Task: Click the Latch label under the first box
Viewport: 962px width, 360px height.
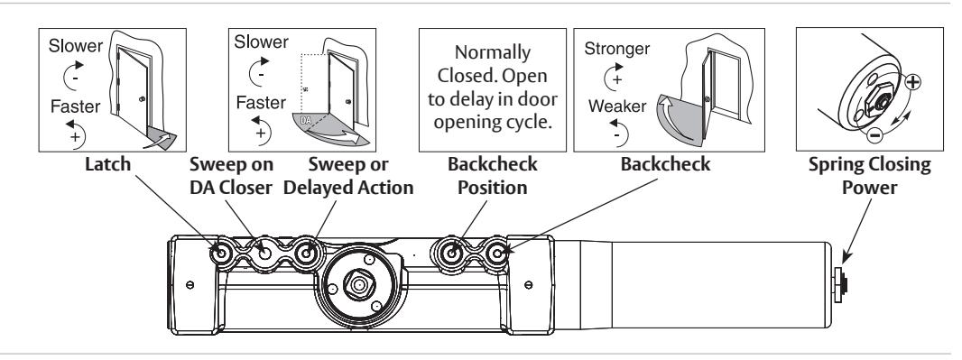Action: click(108, 164)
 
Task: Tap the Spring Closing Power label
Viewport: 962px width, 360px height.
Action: click(869, 175)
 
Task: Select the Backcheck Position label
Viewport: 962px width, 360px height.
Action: click(492, 175)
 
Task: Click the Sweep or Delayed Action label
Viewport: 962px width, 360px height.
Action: click(347, 175)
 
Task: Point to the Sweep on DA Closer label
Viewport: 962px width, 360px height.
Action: click(231, 175)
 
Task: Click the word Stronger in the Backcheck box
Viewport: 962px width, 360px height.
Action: click(616, 49)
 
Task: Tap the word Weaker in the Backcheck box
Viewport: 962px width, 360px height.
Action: click(616, 106)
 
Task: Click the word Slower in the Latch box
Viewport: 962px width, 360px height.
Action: click(76, 45)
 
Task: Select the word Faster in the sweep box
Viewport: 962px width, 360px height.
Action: click(261, 102)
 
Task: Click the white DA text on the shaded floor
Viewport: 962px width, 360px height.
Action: click(306, 121)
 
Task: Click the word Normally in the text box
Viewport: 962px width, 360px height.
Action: click(493, 52)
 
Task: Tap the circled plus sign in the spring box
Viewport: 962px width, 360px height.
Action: click(913, 81)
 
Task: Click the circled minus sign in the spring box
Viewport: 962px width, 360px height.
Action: click(874, 135)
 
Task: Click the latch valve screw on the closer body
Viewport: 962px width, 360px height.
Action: click(221, 252)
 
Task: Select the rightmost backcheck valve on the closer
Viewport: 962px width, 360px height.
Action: click(497, 252)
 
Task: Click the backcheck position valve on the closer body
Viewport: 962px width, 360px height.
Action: click(452, 252)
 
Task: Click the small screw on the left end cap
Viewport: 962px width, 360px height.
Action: click(190, 284)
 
